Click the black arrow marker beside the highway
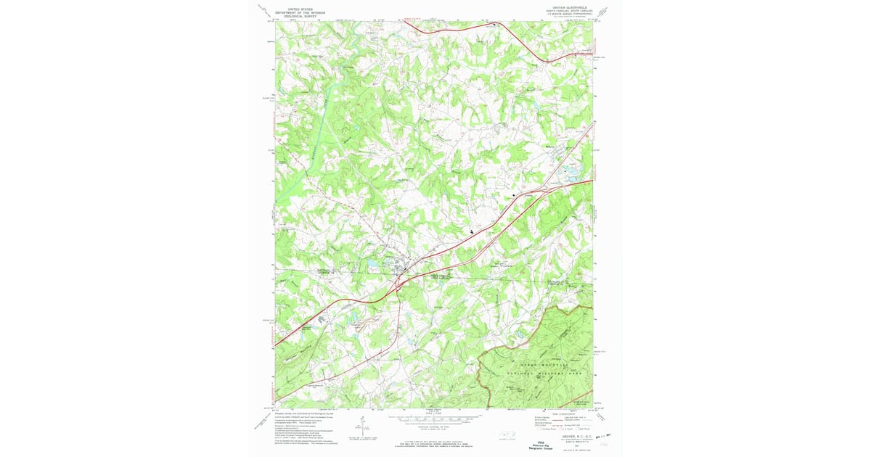473,231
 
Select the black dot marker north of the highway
515,195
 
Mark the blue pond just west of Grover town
372,265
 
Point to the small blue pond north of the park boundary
521,333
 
